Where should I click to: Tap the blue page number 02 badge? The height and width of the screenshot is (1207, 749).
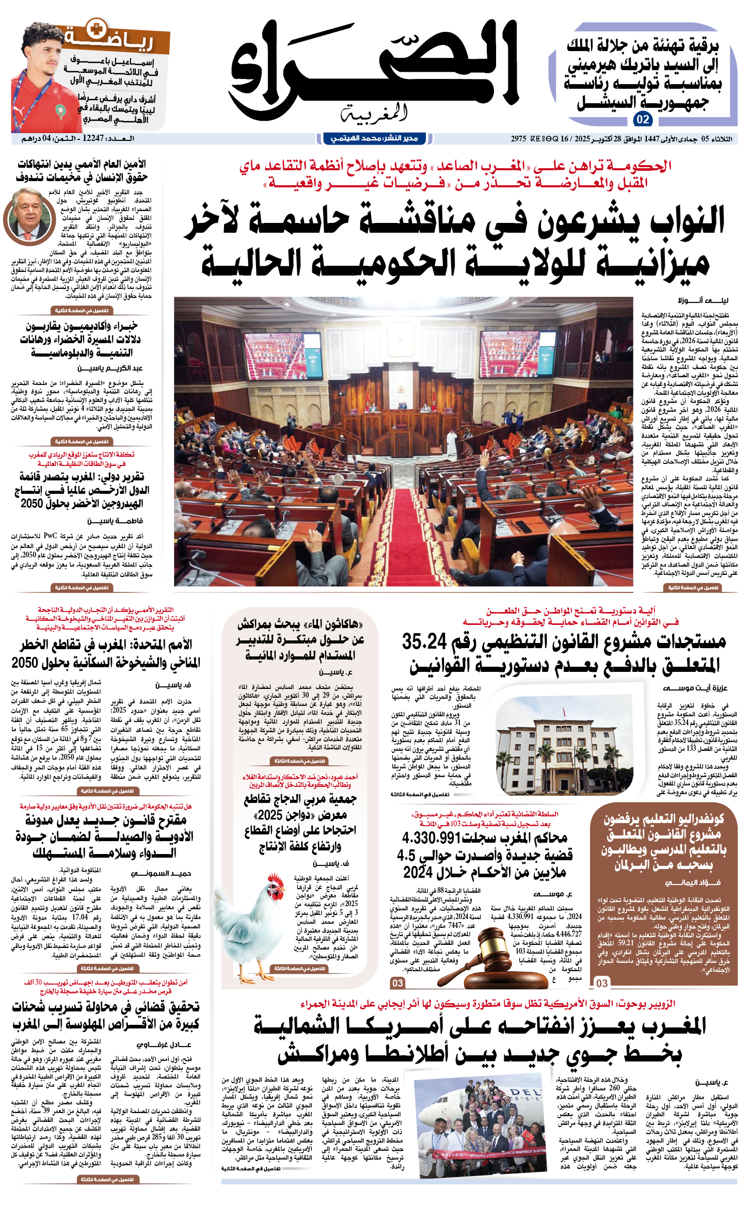[643, 120]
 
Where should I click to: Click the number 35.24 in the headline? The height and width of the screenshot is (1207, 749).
[424, 642]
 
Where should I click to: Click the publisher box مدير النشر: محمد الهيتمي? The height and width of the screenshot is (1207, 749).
[374, 138]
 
